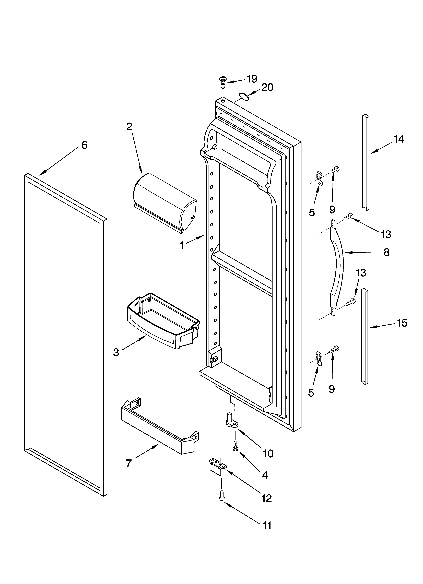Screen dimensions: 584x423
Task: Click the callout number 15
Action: click(402, 323)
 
